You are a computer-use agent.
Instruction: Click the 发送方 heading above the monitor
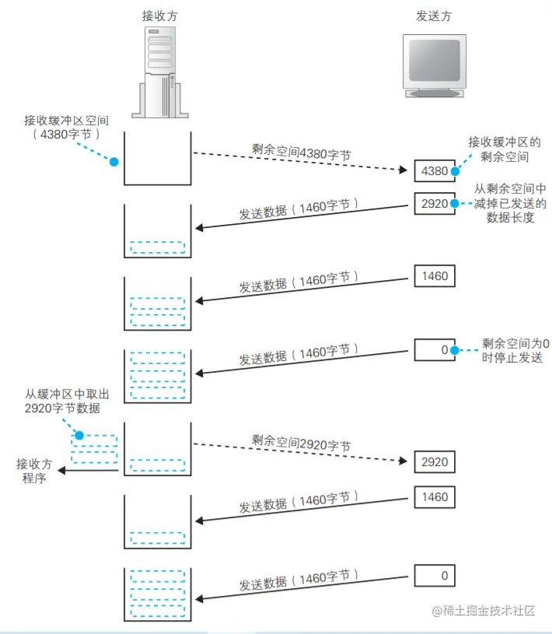tap(434, 15)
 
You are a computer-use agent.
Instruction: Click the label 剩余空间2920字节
tap(301, 446)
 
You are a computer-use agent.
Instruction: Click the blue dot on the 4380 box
tap(453, 170)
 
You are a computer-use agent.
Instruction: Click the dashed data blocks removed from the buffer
tap(94, 449)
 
